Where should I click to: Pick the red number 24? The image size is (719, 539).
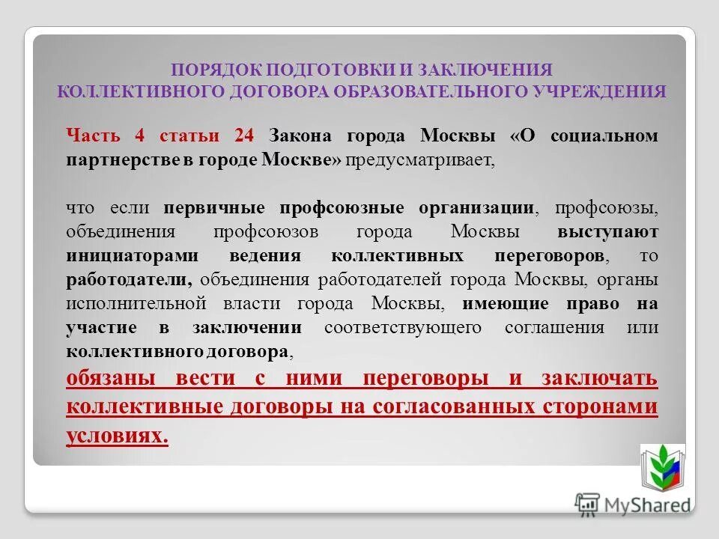tap(244, 135)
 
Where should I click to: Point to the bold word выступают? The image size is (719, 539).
tap(607, 231)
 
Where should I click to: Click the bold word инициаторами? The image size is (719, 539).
tap(133, 255)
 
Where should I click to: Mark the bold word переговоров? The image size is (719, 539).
tap(550, 255)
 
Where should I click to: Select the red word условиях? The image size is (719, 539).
tap(116, 435)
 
